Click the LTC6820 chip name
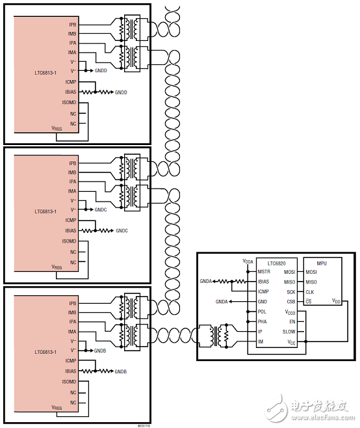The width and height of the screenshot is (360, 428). tap(277, 262)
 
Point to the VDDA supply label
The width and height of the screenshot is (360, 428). tap(248, 261)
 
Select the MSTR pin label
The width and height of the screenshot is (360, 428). tap(263, 271)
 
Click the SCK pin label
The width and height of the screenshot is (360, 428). tap(290, 291)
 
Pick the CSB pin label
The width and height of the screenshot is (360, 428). tap(290, 301)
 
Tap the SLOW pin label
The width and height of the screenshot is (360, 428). tap(289, 331)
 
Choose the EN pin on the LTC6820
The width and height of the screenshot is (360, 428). tap(291, 321)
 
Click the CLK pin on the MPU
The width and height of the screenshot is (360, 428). tap(311, 291)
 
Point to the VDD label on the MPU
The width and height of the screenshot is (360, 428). tap(336, 301)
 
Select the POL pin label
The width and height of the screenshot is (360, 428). tap(263, 312)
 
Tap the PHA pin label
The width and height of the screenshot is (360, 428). tap(263, 321)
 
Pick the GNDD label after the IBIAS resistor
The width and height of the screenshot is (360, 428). tap(121, 92)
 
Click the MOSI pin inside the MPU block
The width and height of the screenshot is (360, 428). tap(312, 271)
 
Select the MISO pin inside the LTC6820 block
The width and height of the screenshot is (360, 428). tap(289, 282)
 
